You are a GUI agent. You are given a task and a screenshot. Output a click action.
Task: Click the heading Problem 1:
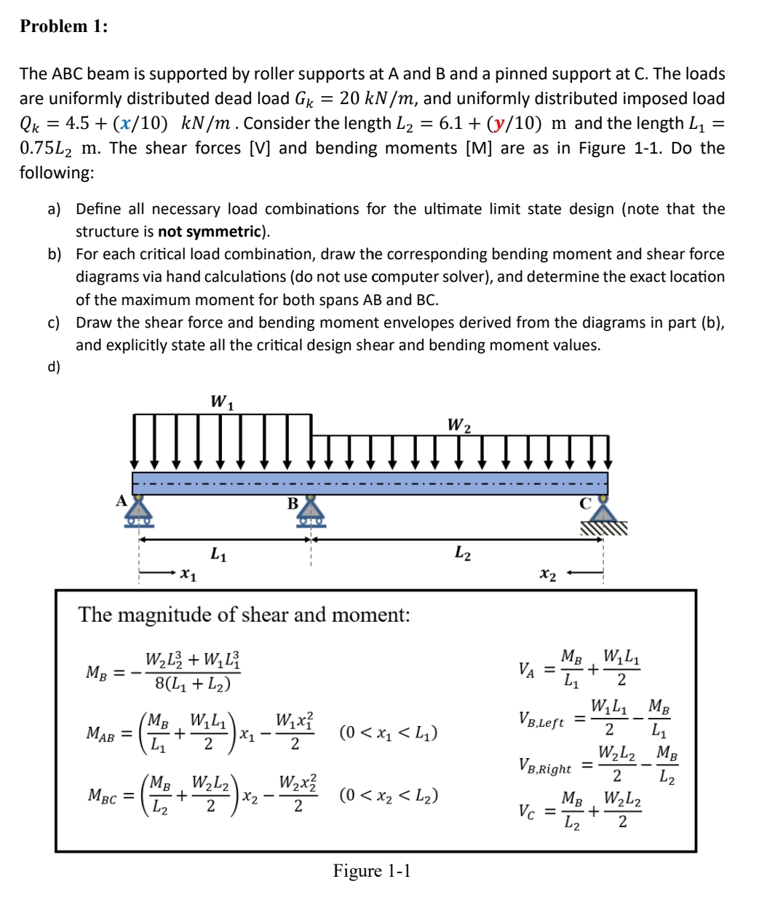pyautogui.click(x=64, y=27)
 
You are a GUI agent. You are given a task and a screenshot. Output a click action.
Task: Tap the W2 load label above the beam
pyautogui.click(x=458, y=424)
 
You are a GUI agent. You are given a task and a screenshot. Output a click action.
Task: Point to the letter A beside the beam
pyautogui.click(x=122, y=500)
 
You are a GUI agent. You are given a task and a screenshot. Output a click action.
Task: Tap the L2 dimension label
pyautogui.click(x=463, y=554)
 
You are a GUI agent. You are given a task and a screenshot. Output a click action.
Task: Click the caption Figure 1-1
pyautogui.click(x=372, y=870)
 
